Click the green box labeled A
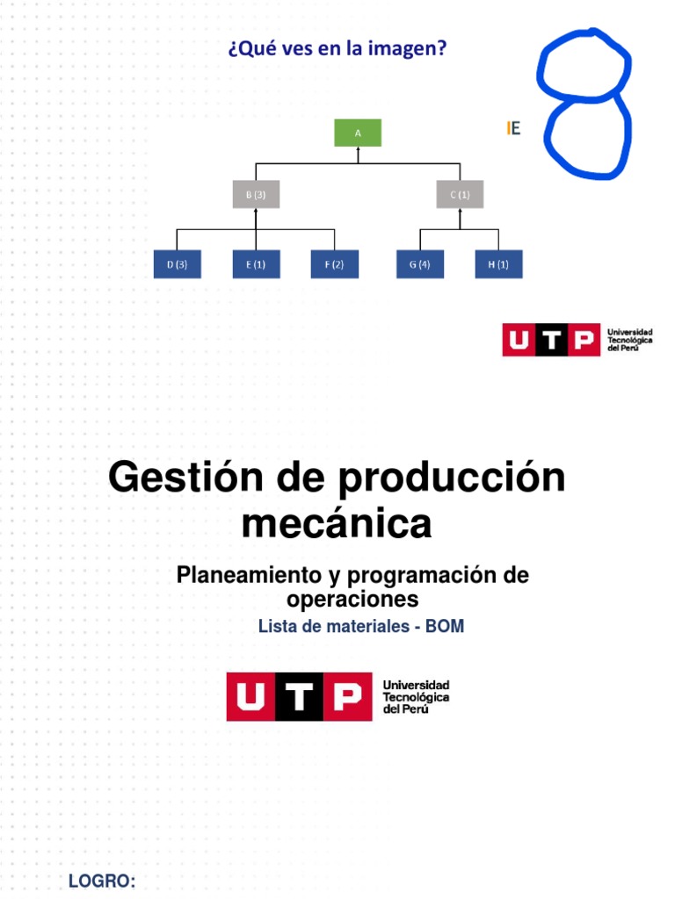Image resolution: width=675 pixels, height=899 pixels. tap(358, 133)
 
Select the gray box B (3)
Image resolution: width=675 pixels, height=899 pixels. tap(256, 195)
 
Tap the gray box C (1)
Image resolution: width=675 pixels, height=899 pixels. tap(460, 195)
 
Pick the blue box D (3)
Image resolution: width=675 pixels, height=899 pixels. tap(177, 265)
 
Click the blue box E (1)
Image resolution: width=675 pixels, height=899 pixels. tap(256, 265)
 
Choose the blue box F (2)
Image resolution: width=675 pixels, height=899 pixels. tap(334, 265)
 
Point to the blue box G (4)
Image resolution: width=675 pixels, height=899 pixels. tap(420, 265)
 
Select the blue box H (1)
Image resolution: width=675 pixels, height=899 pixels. tap(498, 265)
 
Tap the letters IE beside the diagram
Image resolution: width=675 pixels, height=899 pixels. tap(514, 129)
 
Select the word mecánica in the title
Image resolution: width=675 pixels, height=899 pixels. tap(337, 524)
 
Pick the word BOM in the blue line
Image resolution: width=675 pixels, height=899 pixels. tap(445, 627)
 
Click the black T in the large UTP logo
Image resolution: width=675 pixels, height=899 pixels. tap(301, 697)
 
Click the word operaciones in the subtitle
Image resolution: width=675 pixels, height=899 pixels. tap(352, 600)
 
